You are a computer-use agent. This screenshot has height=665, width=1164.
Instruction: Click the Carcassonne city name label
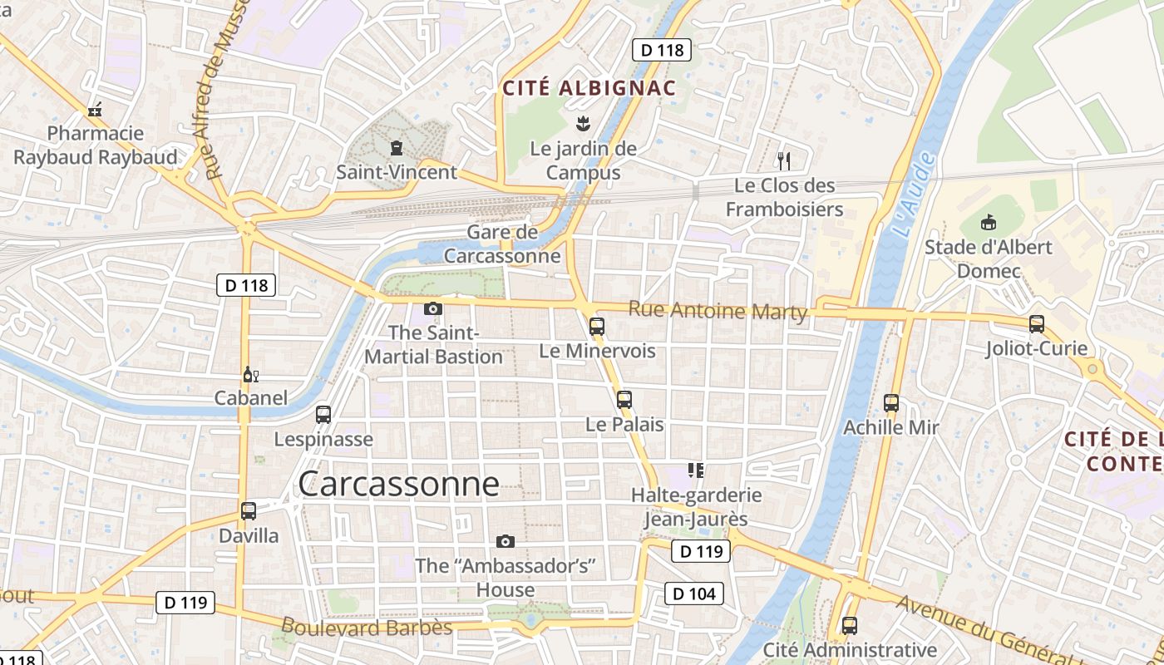click(398, 484)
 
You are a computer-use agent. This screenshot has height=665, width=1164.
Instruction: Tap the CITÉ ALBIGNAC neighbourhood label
click(589, 88)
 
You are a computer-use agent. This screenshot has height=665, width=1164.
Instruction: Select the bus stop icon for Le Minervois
click(596, 327)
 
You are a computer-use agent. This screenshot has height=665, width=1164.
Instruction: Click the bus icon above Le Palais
click(624, 400)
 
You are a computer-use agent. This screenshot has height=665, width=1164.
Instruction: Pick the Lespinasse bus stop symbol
click(323, 415)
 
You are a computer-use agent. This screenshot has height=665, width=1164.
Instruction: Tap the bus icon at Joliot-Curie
click(1036, 324)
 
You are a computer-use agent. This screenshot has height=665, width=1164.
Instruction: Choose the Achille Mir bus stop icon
click(891, 403)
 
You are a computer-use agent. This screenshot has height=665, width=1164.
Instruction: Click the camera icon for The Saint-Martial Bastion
click(432, 309)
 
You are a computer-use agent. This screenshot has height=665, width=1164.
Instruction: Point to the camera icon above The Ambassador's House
click(505, 542)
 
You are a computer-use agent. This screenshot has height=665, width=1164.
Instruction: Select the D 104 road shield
click(694, 594)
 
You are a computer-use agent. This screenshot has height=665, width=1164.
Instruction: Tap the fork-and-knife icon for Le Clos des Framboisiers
click(783, 160)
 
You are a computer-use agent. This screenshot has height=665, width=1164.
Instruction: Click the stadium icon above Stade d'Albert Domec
click(988, 223)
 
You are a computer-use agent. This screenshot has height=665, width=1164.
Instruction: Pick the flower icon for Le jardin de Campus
click(583, 125)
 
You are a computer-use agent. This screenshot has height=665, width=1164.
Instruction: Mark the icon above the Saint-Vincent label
click(397, 148)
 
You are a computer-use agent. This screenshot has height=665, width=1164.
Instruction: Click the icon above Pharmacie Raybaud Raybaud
click(95, 109)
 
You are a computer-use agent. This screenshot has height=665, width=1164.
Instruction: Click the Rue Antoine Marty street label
click(718, 311)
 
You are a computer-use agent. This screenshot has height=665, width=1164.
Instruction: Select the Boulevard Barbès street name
click(366, 627)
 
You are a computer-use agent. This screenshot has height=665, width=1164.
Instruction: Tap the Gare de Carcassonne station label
click(502, 244)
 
